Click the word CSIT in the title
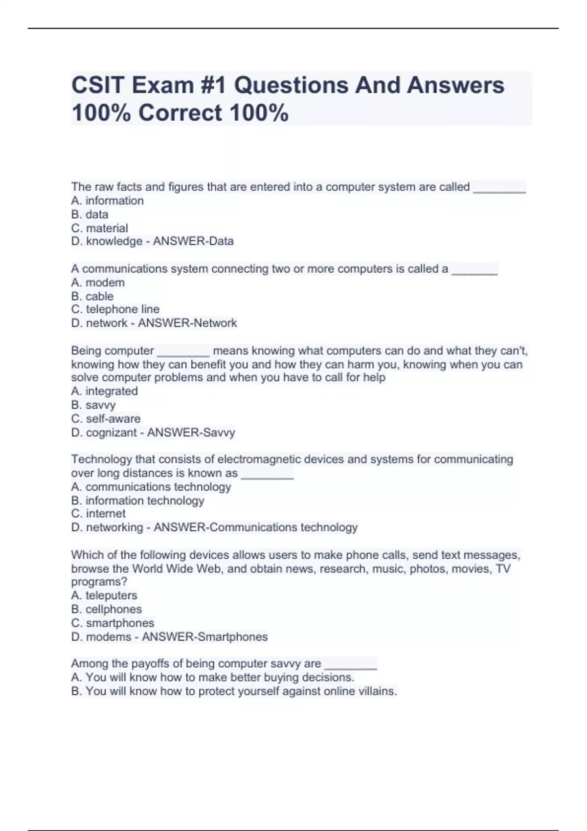pos(98,86)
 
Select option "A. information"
pos(107,200)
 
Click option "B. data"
pos(90,214)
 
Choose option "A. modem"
pos(98,283)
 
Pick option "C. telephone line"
pos(115,309)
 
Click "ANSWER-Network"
pos(187,323)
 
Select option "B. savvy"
pos(93,405)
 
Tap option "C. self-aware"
pos(106,418)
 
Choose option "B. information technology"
pos(137,501)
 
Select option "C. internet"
pos(98,514)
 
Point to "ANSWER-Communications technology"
pos(255,527)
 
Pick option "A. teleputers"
pos(104,595)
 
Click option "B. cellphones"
pos(106,609)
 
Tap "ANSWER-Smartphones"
pos(204,637)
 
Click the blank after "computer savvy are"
pos(351,665)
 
